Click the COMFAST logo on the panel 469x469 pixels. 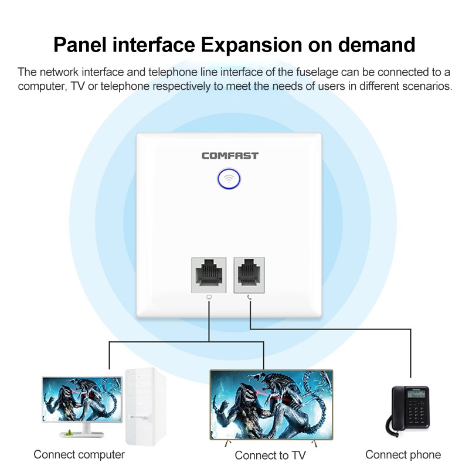(230, 155)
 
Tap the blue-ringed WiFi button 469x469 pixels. (229, 179)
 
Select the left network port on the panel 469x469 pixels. (209, 275)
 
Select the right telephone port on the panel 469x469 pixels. (249, 275)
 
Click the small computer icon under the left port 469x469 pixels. (209, 297)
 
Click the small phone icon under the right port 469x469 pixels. (250, 297)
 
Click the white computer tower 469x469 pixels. (145, 407)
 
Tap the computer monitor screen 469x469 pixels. (82, 399)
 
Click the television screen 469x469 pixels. (271, 405)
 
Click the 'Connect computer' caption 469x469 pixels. (79, 455)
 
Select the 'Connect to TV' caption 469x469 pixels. (270, 456)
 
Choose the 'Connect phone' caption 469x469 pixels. (403, 455)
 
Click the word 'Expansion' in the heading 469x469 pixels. (252, 45)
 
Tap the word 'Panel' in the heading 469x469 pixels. (80, 45)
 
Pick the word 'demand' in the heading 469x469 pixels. (376, 45)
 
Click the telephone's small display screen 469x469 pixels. (416, 393)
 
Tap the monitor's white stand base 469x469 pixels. (81, 434)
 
